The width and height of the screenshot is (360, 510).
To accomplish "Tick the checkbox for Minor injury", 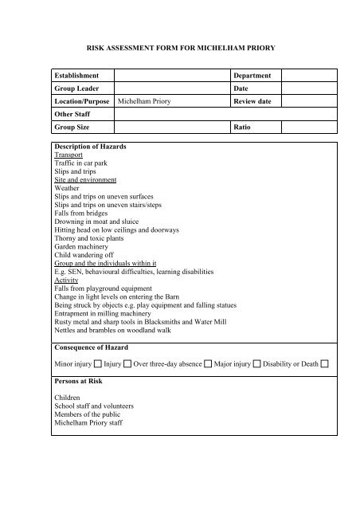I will coord(97,363).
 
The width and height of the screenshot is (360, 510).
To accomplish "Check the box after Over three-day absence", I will coord(207,363).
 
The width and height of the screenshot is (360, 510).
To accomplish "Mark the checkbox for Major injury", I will coord(256,363).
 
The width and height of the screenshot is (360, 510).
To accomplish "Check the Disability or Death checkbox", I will coord(325,363).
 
